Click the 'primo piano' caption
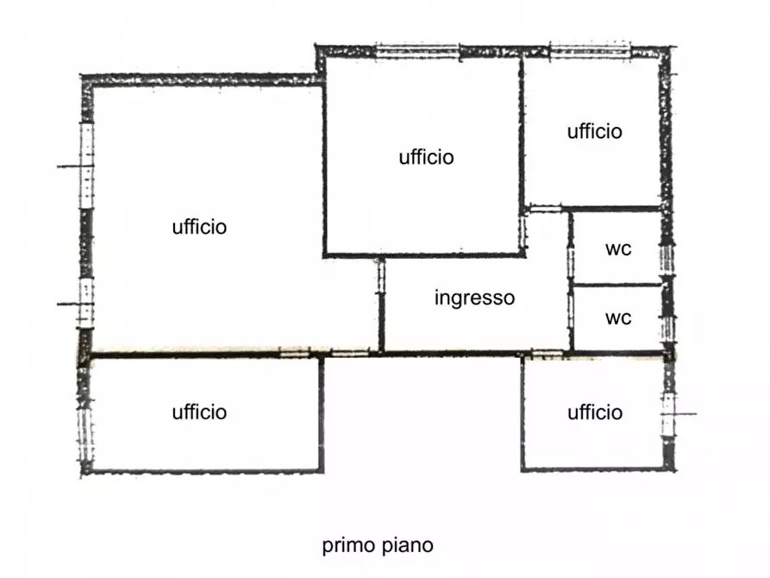click(378, 545)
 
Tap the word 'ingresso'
click(474, 298)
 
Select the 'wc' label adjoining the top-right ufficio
click(617, 249)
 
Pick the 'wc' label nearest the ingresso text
click(617, 317)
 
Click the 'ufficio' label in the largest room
click(199, 227)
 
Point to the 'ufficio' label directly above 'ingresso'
click(426, 157)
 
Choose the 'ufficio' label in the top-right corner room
click(595, 131)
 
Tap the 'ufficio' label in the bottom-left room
click(199, 412)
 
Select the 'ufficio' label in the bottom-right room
click(595, 412)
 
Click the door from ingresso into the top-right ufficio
click(544, 209)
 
